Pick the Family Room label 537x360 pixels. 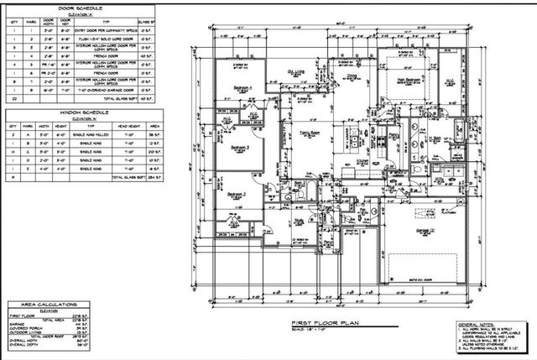point(311,133)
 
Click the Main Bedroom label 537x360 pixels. point(405,80)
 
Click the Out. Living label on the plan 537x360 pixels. point(296,73)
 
